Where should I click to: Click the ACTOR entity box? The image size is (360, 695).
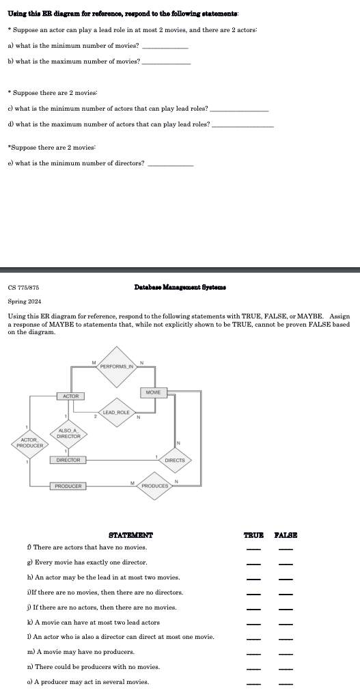71,396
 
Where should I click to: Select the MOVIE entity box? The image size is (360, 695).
154,392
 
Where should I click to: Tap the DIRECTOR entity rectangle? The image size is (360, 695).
68,460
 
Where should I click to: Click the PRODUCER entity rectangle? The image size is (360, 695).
68,486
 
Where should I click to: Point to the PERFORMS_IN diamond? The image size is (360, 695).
117,367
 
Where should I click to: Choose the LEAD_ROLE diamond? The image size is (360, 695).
117,412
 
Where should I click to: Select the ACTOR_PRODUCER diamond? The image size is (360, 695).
31,443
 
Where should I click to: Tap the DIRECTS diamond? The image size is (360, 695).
175,460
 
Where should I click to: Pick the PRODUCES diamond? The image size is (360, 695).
155,485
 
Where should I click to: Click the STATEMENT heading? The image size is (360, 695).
131,535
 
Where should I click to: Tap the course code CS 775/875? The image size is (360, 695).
24,288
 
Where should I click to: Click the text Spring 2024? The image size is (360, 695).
25,301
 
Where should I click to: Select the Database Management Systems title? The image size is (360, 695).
181,288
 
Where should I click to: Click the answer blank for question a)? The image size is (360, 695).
165,47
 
